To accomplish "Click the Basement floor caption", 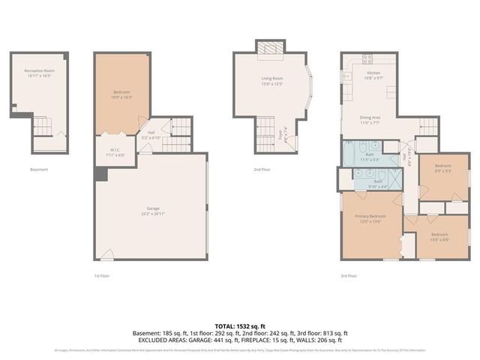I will click(x=39, y=169).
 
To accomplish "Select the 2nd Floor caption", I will click(x=262, y=169).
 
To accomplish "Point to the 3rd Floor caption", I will click(x=349, y=275).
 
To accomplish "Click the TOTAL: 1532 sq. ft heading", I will click(x=240, y=326).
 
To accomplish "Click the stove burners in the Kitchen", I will click(x=368, y=58).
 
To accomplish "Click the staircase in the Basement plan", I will click(x=43, y=128).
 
